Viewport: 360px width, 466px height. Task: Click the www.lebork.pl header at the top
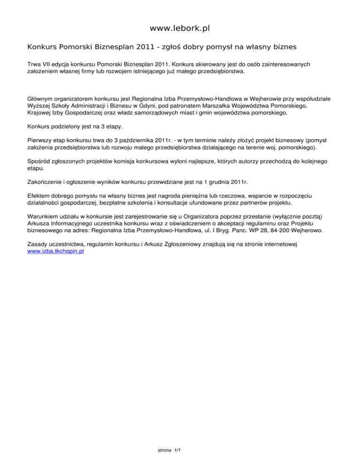click(x=180, y=29)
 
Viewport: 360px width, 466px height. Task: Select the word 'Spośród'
click(x=39, y=160)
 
